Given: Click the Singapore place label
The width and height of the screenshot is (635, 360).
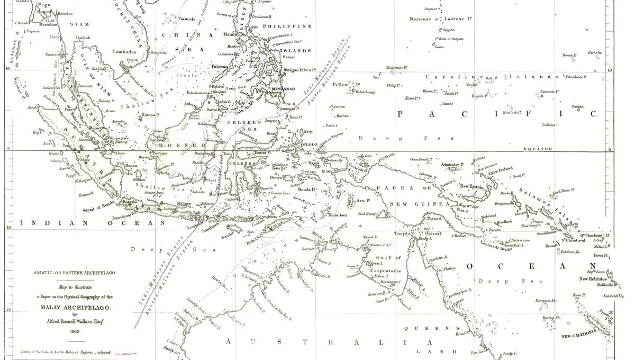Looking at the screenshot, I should (119, 138).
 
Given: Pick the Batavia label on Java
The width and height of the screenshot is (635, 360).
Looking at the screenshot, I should (130, 202).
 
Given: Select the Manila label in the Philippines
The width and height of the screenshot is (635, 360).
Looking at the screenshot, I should (231, 34).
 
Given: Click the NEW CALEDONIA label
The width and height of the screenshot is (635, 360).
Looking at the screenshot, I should (579, 335).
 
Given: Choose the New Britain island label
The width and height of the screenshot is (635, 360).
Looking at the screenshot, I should (473, 186).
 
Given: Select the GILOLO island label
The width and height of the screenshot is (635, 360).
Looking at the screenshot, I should (309, 144).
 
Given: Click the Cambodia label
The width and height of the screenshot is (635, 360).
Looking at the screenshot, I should (124, 52).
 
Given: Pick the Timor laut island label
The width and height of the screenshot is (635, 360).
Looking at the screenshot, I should (339, 215).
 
